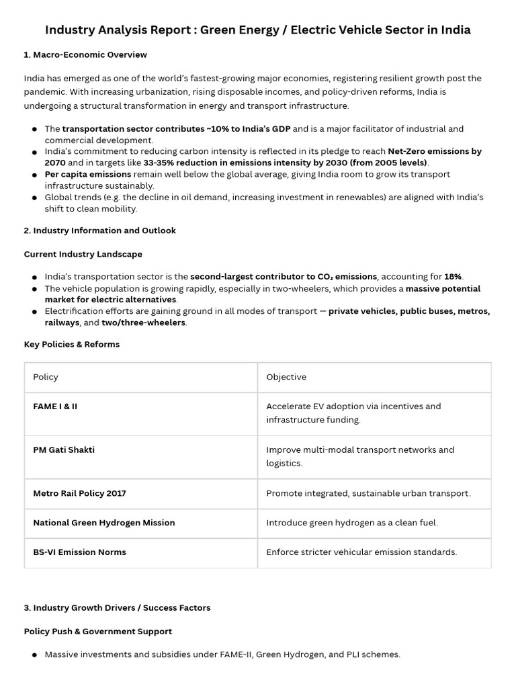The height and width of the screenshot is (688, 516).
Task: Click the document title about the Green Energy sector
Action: (x=257, y=30)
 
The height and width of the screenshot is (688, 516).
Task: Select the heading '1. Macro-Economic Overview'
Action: (x=85, y=54)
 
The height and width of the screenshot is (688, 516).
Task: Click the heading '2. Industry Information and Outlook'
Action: (x=99, y=230)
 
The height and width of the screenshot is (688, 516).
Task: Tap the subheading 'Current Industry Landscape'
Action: (x=83, y=254)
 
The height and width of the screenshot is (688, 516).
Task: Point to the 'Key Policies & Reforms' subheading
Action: (x=71, y=344)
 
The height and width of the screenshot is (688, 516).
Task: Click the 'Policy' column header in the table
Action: (x=46, y=377)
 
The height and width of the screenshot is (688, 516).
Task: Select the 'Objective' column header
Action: (x=286, y=377)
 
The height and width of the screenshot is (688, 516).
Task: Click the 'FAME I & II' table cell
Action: (x=55, y=406)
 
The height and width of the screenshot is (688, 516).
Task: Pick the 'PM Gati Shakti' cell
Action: (x=64, y=449)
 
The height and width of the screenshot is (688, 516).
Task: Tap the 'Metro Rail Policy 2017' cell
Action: (x=79, y=493)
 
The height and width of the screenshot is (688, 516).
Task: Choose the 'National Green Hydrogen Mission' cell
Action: (x=103, y=523)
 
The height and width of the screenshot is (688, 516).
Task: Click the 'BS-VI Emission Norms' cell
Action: (x=79, y=552)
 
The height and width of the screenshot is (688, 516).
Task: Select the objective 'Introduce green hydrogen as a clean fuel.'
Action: (x=351, y=523)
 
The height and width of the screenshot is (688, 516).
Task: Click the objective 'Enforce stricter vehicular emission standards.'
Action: (x=361, y=552)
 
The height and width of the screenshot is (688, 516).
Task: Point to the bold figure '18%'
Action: (x=453, y=277)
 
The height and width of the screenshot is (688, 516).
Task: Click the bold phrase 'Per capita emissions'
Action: (x=88, y=175)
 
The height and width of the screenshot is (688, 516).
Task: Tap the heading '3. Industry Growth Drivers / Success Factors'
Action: (x=117, y=607)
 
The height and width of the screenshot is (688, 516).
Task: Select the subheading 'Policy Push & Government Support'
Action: (x=97, y=632)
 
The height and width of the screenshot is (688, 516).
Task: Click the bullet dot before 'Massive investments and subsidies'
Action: (x=34, y=655)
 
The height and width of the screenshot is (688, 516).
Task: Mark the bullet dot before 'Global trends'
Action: (x=34, y=198)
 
